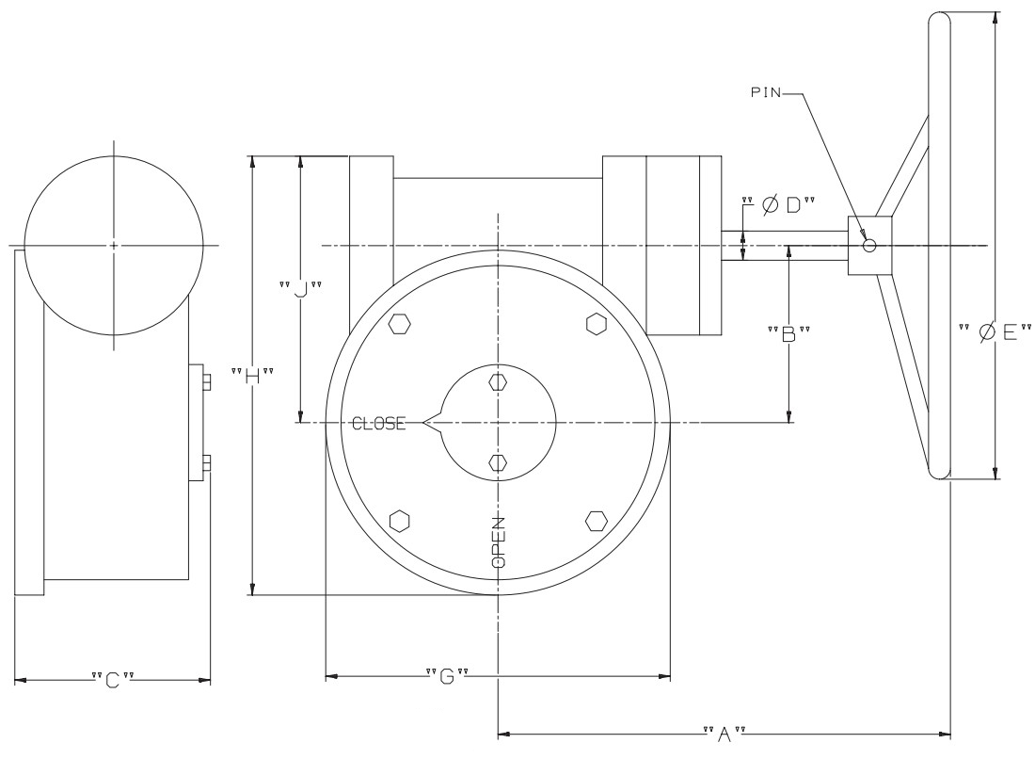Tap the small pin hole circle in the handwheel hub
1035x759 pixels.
(x=869, y=246)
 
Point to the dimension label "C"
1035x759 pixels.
(x=112, y=680)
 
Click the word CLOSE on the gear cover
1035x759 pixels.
(x=378, y=424)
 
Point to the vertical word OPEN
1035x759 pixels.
(x=499, y=542)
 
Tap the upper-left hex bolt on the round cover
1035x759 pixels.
(x=400, y=323)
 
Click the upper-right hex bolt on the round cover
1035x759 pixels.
(x=595, y=323)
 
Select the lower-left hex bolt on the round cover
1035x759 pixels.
(x=400, y=521)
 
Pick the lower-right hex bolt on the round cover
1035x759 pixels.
(x=595, y=521)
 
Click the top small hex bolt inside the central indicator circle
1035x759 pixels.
(x=499, y=383)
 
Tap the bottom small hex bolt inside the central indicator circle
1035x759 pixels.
(x=499, y=461)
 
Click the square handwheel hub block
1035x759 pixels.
(x=870, y=246)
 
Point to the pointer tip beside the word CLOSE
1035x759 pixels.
(x=426, y=424)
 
